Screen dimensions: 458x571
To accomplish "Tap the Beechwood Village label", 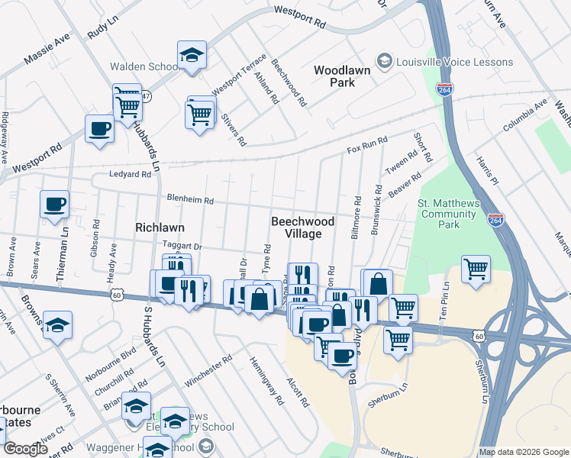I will pos(303,227).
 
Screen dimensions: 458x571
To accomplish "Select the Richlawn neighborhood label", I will pos(160,227).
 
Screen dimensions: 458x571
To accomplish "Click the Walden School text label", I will pos(144,66).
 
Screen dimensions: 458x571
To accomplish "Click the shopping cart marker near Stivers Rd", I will pos(200,115).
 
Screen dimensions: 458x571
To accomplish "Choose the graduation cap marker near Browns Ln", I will pos(58,326).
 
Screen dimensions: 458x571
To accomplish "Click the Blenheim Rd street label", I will pos(191,200).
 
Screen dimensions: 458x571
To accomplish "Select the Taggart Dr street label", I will pos(182,247).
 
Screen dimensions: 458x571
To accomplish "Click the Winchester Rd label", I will pos(205,369).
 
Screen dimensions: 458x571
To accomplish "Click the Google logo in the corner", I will pos(26,450).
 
